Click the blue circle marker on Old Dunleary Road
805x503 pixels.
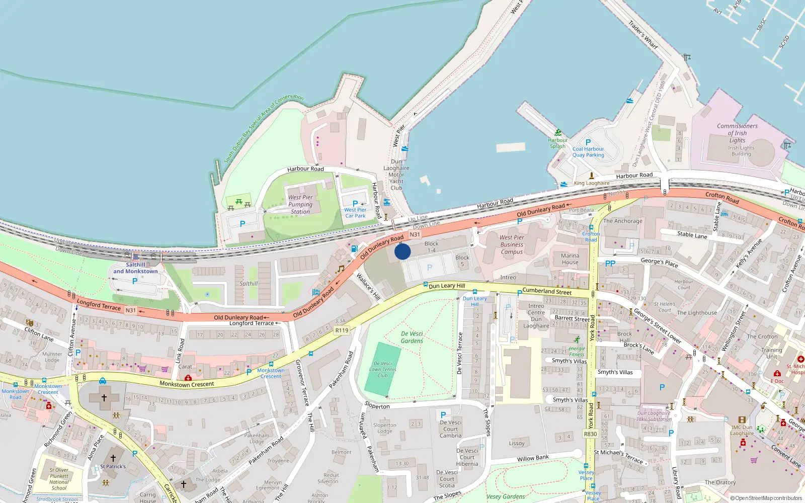pyautogui.click(x=403, y=251)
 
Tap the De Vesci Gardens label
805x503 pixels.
pyautogui.click(x=412, y=337)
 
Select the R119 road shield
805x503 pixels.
pyautogui.click(x=342, y=330)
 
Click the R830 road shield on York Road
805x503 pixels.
pyautogui.click(x=590, y=434)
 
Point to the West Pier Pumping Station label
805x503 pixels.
pyautogui.click(x=300, y=204)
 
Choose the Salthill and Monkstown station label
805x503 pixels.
pyautogui.click(x=135, y=268)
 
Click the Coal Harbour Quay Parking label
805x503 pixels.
pyautogui.click(x=588, y=152)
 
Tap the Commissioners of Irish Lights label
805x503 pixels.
pyautogui.click(x=737, y=133)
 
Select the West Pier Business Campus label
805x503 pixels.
pyautogui.click(x=512, y=244)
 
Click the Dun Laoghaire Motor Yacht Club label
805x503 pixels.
pyautogui.click(x=396, y=175)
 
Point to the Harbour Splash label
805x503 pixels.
pyautogui.click(x=557, y=143)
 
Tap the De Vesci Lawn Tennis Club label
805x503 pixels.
pyautogui.click(x=383, y=369)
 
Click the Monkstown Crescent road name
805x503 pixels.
pyautogui.click(x=187, y=384)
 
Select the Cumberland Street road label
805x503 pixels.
pyautogui.click(x=547, y=291)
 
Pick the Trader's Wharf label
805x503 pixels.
pyautogui.click(x=643, y=34)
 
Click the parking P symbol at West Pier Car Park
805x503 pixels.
pyautogui.click(x=355, y=204)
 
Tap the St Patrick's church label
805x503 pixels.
pyautogui.click(x=113, y=466)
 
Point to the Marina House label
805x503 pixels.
pyautogui.click(x=570, y=259)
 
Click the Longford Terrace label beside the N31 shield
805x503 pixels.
pyautogui.click(x=99, y=305)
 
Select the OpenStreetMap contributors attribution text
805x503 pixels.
pyautogui.click(x=766, y=498)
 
